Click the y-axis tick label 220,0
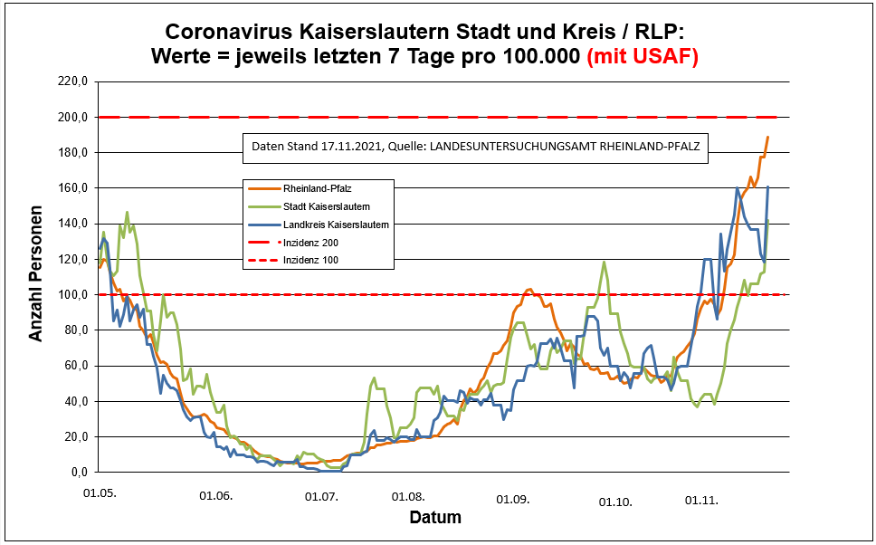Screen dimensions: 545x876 coord(71,81)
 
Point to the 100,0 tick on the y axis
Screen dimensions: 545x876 coord(71,295)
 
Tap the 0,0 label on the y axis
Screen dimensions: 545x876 coord(77,473)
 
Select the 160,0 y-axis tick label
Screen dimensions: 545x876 coord(71,188)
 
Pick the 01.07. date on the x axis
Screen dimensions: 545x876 coord(320,497)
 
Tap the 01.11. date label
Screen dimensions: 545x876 coord(701,499)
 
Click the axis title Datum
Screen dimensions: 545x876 coord(435,518)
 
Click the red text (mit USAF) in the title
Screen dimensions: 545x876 coord(643,56)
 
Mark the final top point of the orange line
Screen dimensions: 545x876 coord(767,138)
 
